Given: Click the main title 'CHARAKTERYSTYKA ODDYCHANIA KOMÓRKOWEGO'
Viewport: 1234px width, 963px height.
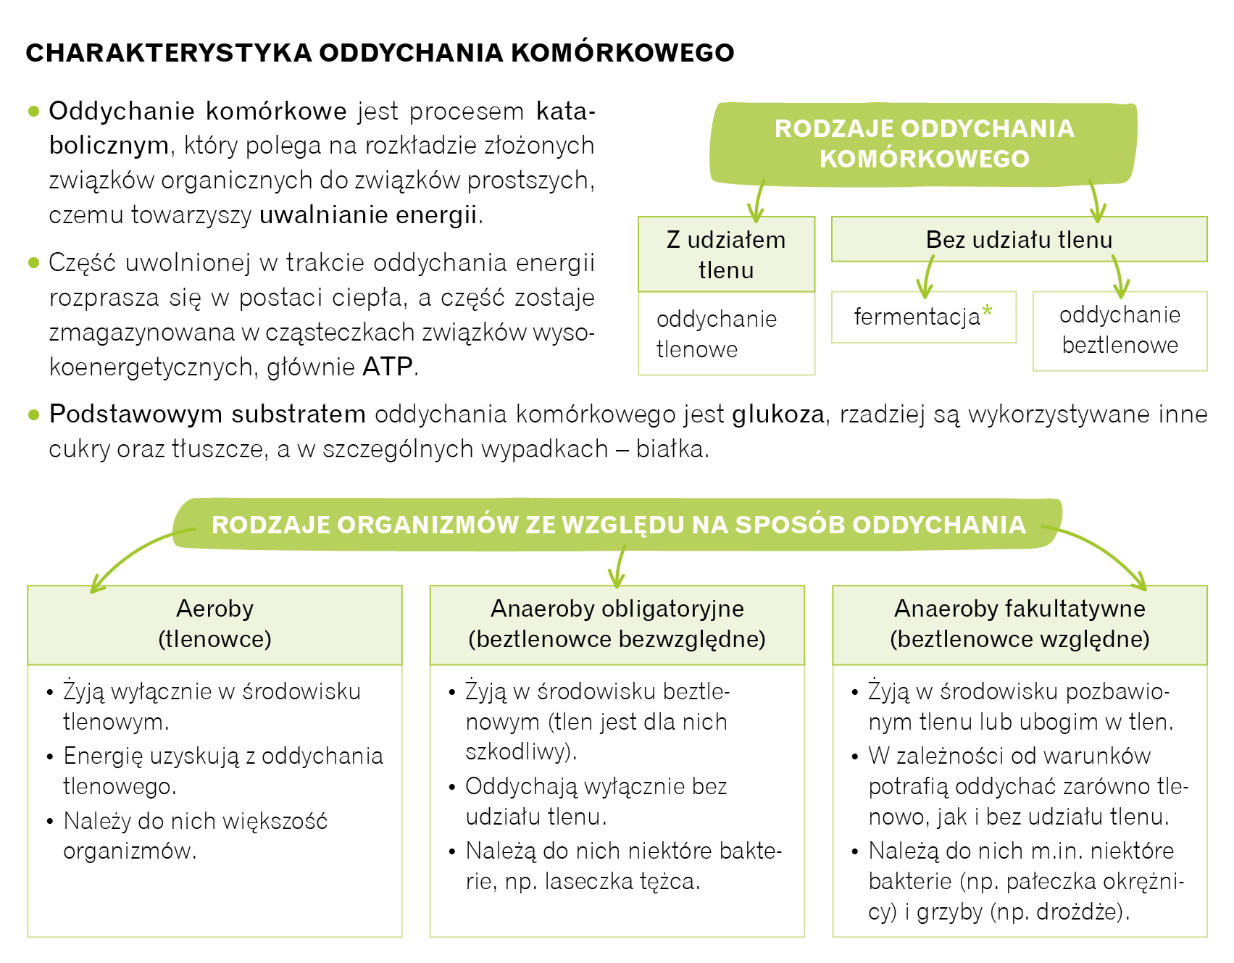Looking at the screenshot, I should [x=380, y=53].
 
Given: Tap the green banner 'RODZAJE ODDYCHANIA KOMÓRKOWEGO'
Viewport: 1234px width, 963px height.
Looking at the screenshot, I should [x=924, y=143].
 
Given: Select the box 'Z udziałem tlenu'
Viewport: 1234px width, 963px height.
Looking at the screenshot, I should [x=726, y=254].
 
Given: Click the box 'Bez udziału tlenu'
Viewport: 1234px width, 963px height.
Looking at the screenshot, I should [x=1019, y=239].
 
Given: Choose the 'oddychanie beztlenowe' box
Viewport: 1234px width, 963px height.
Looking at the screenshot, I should [x=1120, y=330].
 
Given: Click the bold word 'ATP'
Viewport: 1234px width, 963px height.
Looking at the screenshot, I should [x=387, y=367].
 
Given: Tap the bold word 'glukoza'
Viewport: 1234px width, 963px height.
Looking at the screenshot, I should [x=778, y=414].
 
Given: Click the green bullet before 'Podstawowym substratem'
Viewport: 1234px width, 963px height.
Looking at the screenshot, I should [x=33, y=414].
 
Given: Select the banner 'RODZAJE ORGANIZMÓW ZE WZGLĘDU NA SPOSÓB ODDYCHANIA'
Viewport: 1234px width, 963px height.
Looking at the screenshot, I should [x=618, y=524].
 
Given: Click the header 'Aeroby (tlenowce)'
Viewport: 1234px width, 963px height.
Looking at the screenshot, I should [x=214, y=624].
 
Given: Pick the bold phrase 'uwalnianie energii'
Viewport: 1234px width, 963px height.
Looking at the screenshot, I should [x=368, y=215].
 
